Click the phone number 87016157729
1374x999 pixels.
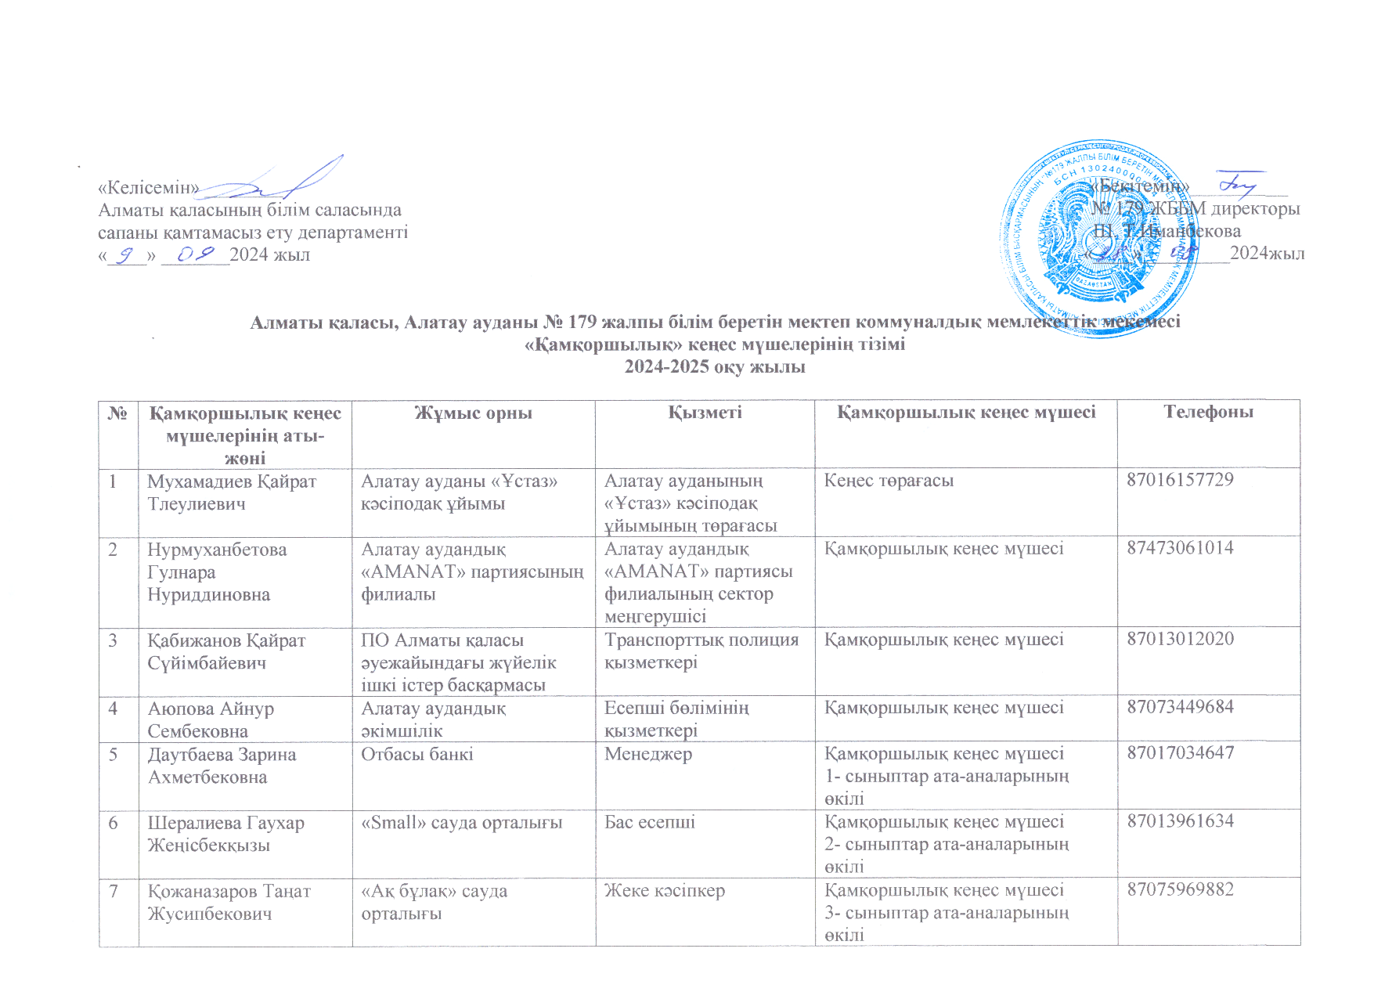click(1179, 480)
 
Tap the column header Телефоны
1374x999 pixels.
click(1208, 413)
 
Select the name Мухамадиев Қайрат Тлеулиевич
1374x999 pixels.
click(232, 492)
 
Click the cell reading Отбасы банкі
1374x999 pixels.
click(417, 755)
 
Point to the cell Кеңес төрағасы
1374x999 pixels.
click(889, 481)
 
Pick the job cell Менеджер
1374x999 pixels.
click(648, 755)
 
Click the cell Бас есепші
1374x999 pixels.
click(650, 823)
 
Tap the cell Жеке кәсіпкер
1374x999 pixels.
click(665, 891)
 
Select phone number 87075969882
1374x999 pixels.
click(1180, 889)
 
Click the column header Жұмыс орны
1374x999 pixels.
click(473, 413)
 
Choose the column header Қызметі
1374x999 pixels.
click(705, 413)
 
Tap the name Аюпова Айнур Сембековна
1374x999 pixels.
click(211, 719)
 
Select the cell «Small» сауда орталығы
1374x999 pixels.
click(462, 823)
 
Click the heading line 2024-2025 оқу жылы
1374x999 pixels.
click(715, 367)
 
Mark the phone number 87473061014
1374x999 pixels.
click(1180, 548)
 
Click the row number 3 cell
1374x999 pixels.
click(114, 640)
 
